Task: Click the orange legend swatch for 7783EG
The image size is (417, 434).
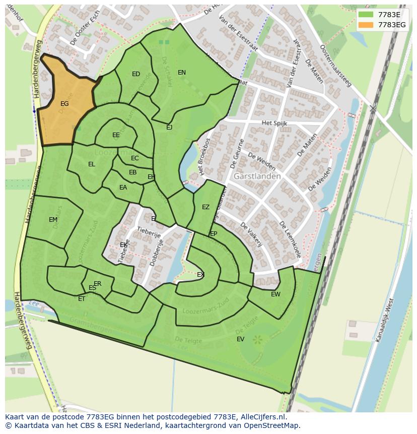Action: tap(366, 25)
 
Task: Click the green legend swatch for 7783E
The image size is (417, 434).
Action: tap(366, 15)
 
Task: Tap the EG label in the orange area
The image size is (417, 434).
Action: tap(64, 104)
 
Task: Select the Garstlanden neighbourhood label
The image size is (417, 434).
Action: tap(257, 176)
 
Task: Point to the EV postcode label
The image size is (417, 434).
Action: tap(240, 339)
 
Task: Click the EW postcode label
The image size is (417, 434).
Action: tap(275, 294)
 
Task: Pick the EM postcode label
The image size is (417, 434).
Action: tap(53, 220)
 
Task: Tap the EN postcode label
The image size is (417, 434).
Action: tap(182, 73)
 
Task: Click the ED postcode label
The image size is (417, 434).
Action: tap(136, 74)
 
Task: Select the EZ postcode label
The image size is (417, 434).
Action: tap(205, 207)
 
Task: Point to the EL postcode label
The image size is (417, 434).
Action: tap(91, 164)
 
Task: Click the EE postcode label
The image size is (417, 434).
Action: tap(116, 135)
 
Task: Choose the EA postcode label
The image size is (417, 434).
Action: tap(123, 188)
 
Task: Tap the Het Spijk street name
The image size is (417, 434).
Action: tap(273, 123)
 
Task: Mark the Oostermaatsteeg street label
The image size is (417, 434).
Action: tap(335, 66)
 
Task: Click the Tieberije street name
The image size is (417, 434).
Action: tap(149, 232)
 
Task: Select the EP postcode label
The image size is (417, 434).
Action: tap(214, 234)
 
